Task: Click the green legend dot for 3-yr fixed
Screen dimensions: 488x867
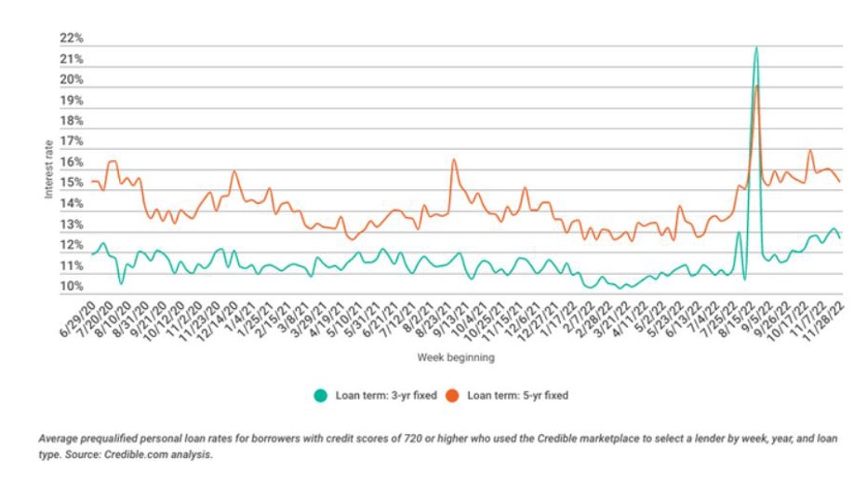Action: (319, 395)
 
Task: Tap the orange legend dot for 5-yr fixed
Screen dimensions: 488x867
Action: (453, 395)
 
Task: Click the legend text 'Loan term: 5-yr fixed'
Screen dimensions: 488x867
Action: (517, 395)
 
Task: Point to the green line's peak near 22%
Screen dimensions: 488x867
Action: (756, 47)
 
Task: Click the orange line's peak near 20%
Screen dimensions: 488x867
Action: (757, 86)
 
